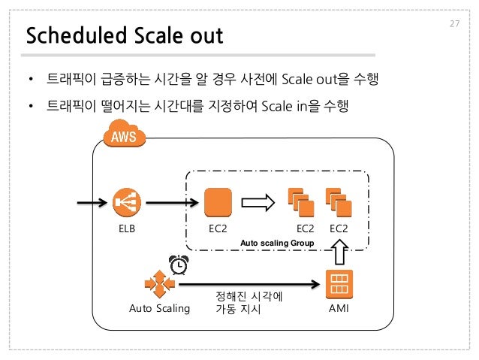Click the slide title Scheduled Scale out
tap(125, 35)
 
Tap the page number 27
tap(453, 24)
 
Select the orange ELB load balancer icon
tap(127, 201)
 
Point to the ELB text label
tap(127, 228)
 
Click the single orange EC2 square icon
tap(218, 201)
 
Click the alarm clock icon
tap(179, 265)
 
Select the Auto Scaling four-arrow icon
tap(159, 283)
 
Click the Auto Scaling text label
tap(159, 308)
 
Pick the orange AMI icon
tap(339, 283)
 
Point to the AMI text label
tap(339, 308)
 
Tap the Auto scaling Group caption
tap(276, 243)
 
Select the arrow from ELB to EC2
tap(173, 201)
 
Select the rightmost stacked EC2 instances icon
tap(339, 201)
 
